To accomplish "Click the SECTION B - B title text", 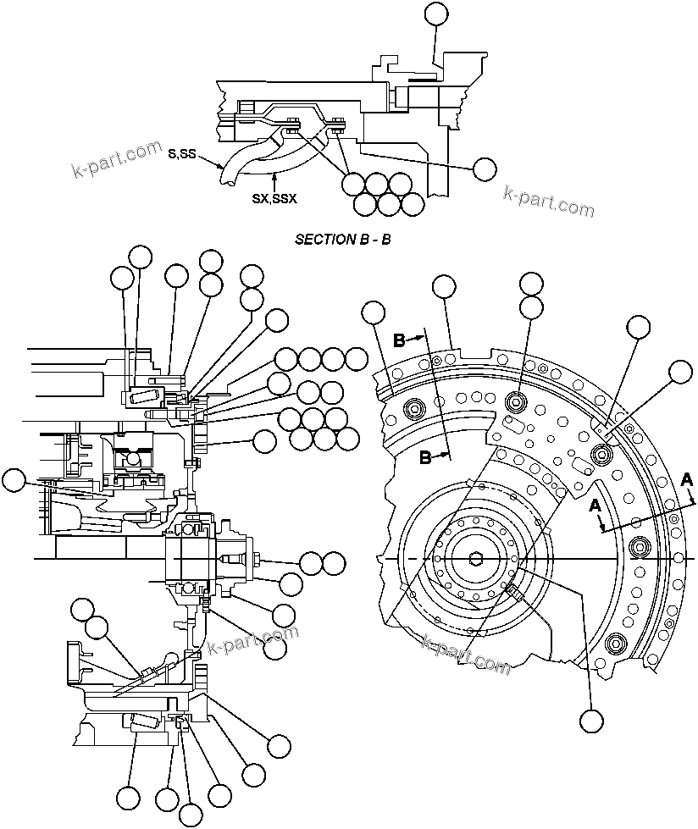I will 342,239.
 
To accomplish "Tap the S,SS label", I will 182,152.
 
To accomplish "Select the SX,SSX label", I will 274,199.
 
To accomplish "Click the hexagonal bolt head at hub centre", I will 474,559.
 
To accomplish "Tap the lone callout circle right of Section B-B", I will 485,169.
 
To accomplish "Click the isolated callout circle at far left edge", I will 13,481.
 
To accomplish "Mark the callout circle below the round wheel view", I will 591,720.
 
